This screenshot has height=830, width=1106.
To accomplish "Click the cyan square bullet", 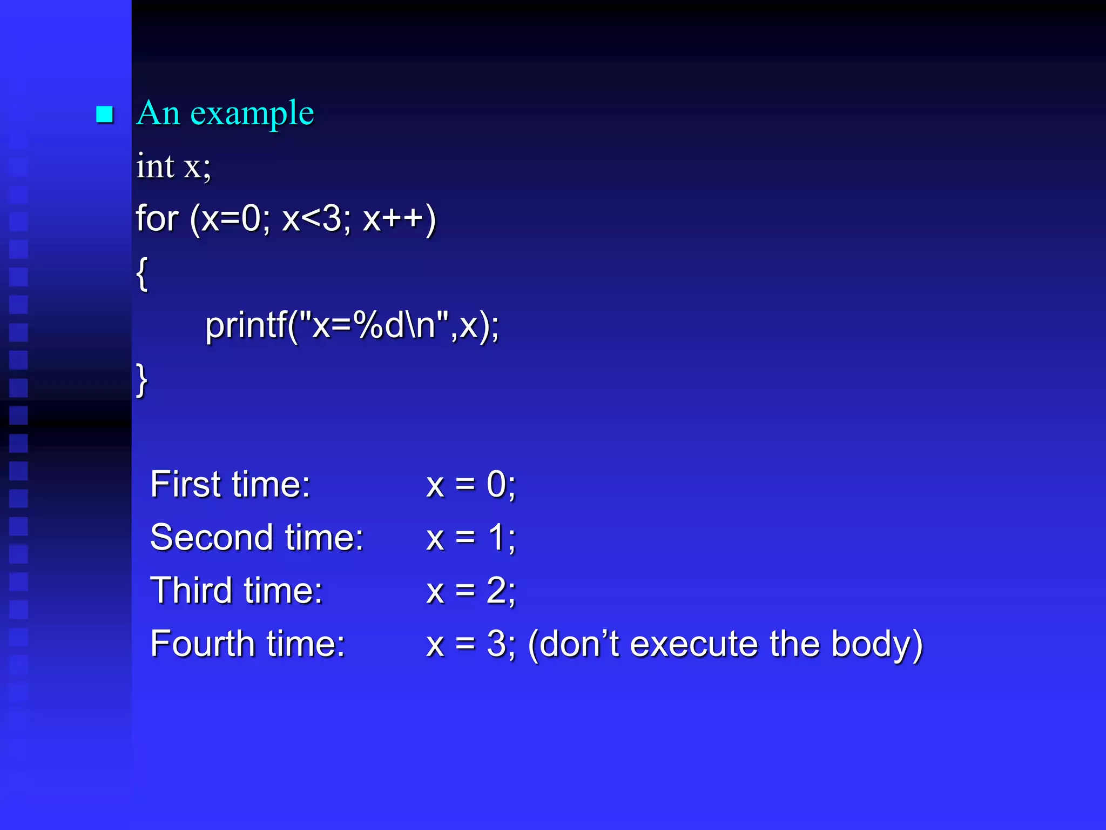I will (104, 114).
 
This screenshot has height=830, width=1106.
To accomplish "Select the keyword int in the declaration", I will (155, 166).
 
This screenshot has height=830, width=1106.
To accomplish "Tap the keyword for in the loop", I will (157, 218).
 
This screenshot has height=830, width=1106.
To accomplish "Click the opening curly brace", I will (141, 273).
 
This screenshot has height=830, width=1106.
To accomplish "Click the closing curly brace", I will (141, 380).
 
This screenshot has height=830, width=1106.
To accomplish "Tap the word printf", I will (246, 326).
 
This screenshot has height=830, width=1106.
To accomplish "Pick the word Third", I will (191, 590).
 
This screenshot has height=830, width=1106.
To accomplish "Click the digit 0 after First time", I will (496, 484).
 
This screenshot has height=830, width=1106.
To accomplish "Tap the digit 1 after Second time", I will (496, 538).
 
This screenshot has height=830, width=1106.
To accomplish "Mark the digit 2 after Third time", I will (496, 590).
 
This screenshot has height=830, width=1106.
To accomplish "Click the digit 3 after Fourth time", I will (496, 644).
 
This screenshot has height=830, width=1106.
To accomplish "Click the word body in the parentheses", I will (869, 644).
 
